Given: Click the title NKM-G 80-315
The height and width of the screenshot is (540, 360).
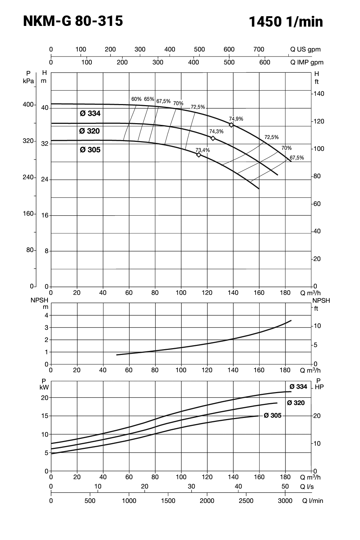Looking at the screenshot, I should pyautogui.click(x=73, y=21).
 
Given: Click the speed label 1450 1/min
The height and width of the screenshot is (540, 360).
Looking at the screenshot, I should pyautogui.click(x=286, y=22).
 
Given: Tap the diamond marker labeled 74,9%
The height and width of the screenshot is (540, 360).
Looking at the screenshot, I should pyautogui.click(x=231, y=125).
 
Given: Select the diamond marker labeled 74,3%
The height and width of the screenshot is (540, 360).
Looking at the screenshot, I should pyautogui.click(x=213, y=138).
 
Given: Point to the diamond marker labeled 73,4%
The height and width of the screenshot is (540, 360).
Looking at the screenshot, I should pyautogui.click(x=199, y=155).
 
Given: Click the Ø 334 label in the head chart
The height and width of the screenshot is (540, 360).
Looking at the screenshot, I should pyautogui.click(x=90, y=114).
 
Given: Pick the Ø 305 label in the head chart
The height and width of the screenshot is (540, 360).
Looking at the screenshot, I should pyautogui.click(x=90, y=150).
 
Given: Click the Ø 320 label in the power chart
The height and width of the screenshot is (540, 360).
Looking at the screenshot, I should pyautogui.click(x=296, y=403).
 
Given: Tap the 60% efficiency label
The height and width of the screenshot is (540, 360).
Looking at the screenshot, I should pyautogui.click(x=136, y=99).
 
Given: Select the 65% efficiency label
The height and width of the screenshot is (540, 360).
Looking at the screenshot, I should pyautogui.click(x=149, y=99).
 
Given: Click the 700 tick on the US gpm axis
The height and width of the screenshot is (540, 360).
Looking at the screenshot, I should pyautogui.click(x=259, y=50).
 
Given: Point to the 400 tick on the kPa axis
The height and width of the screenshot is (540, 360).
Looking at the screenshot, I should pyautogui.click(x=28, y=105).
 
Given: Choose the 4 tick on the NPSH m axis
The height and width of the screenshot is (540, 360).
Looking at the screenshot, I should pyautogui.click(x=46, y=315).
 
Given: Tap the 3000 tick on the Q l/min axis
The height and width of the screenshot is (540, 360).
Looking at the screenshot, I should pyautogui.click(x=285, y=501).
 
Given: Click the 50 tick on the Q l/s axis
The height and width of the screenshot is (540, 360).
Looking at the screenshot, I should pyautogui.click(x=285, y=486).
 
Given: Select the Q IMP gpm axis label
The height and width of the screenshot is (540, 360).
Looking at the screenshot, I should pyautogui.click(x=307, y=62).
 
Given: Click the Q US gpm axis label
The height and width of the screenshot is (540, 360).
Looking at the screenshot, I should pyautogui.click(x=305, y=50).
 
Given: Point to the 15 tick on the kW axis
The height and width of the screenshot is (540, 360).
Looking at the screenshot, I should pyautogui.click(x=45, y=416).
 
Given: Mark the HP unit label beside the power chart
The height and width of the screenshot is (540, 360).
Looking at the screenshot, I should pyautogui.click(x=319, y=387).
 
